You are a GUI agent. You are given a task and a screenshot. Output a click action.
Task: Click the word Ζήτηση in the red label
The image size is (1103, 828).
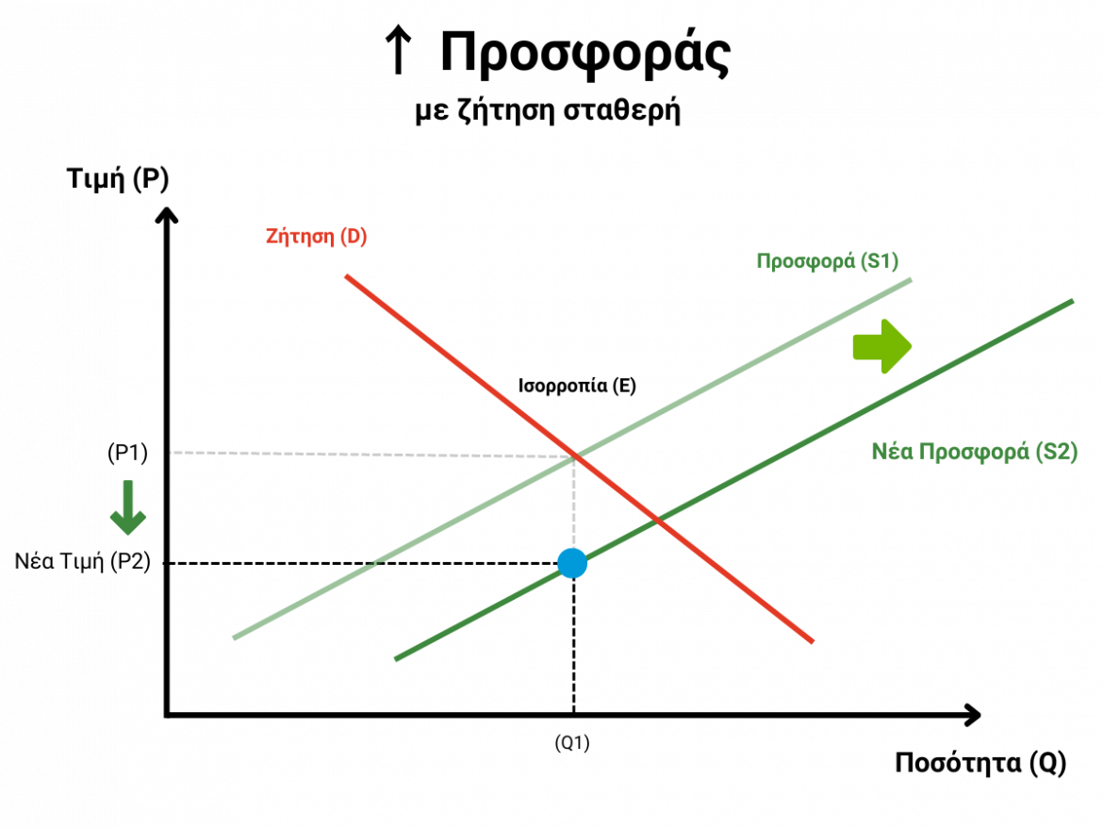[300, 237]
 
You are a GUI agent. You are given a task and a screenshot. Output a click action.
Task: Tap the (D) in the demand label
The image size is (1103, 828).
[354, 237]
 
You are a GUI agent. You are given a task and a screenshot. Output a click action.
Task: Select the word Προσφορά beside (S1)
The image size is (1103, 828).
[805, 261]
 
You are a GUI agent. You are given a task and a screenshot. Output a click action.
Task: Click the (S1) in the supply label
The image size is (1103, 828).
[880, 261]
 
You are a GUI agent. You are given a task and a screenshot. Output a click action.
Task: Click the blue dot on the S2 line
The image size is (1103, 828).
[572, 563]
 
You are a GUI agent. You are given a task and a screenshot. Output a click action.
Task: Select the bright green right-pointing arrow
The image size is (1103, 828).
[881, 347]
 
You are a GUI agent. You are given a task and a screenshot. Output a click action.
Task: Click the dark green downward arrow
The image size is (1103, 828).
[128, 508]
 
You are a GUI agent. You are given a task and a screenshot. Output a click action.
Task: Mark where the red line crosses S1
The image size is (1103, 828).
[575, 455]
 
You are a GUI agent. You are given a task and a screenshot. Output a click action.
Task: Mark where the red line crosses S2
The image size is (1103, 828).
[657, 520]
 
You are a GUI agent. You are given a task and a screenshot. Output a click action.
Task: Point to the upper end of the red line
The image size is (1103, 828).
[347, 275]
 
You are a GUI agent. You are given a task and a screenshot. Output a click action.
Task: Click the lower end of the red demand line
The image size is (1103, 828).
[811, 641]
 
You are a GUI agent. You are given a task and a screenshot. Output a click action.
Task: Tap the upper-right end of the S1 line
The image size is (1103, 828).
[910, 279]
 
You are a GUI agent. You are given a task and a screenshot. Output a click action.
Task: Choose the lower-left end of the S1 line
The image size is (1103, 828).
[235, 638]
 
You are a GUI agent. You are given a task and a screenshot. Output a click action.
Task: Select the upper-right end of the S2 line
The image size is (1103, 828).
[1071, 302]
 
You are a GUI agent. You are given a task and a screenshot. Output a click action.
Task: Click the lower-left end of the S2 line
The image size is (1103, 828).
[397, 659]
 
